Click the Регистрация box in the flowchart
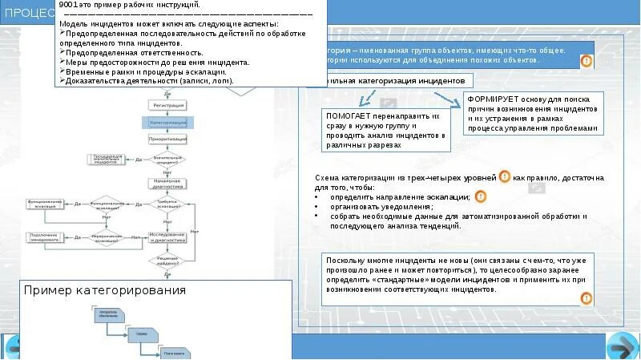click(x=167, y=105)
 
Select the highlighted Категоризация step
click(x=167, y=122)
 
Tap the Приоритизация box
click(x=167, y=139)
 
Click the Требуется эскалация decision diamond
click(x=167, y=204)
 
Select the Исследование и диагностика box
click(x=167, y=238)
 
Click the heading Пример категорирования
click(x=105, y=289)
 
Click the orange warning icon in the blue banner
click(x=587, y=61)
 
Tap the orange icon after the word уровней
click(x=505, y=177)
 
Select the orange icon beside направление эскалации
click(x=479, y=196)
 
